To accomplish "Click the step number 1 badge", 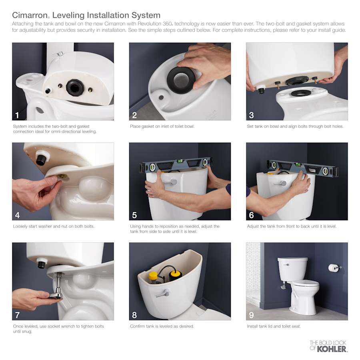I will coord(17,115).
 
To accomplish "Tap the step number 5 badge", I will coord(134,215).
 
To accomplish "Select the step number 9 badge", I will coord(251,315).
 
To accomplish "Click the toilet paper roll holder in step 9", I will coord(334,268).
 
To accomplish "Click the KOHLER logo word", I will coord(332,349).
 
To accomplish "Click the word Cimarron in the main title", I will coord(30,15).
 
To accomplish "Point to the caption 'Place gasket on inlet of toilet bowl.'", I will coord(162,126).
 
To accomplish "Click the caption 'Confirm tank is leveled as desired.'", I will coord(162,326).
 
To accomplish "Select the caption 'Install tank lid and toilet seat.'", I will coord(274,326).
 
